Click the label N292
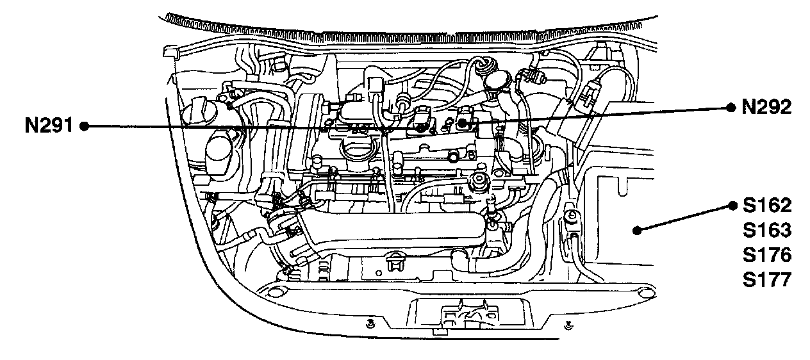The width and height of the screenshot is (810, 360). coord(766,108)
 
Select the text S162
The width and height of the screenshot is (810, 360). coord(767,206)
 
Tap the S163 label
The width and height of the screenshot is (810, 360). coord(767,230)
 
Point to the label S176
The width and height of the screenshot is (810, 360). coord(767,255)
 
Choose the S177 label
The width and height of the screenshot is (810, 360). coord(767,280)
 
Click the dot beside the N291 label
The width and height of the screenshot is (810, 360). coord(84,126)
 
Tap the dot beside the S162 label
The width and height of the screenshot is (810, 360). coord(732,206)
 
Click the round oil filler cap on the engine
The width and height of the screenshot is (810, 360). coord(354,151)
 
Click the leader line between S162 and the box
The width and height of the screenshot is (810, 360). coord(683,218)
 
